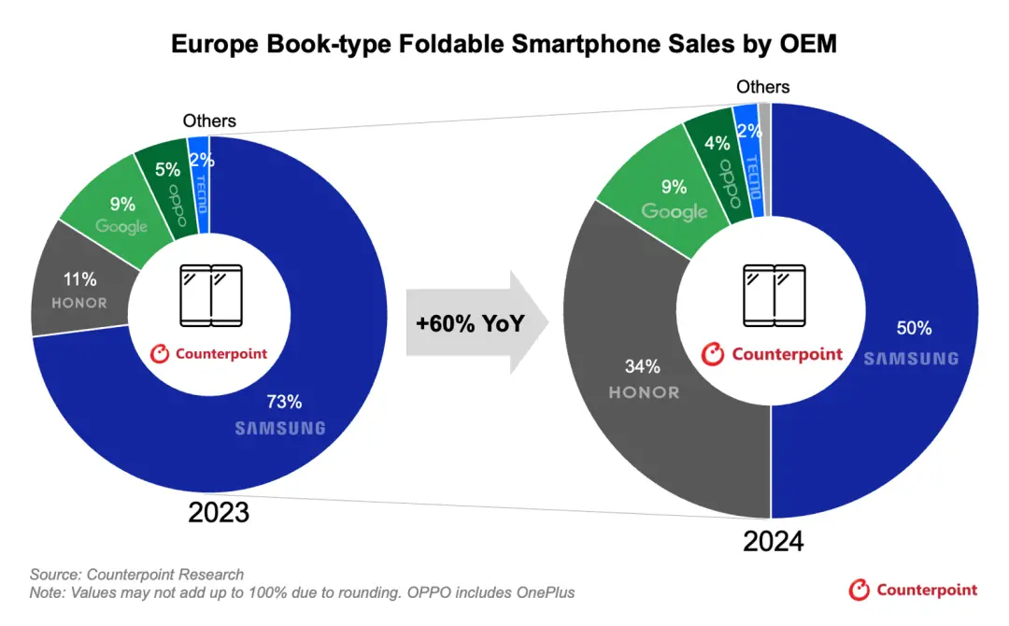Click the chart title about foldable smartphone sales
point(504,43)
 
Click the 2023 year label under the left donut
point(219,512)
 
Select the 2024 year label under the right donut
point(773,541)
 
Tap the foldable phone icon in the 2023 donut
point(209,294)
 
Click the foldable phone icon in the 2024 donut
point(773,294)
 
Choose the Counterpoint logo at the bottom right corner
point(913,589)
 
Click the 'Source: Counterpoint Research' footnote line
point(136,575)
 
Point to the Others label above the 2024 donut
point(762,87)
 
